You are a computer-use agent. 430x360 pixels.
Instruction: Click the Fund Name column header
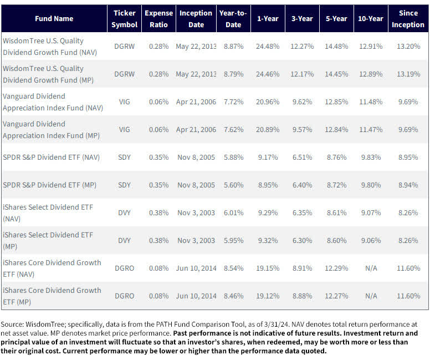click(53, 18)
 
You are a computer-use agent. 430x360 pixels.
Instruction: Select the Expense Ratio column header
click(158, 18)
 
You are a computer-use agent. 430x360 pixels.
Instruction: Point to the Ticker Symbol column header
click(125, 18)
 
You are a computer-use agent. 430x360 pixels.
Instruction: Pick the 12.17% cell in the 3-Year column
click(302, 74)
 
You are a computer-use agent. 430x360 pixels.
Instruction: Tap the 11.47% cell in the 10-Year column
click(371, 129)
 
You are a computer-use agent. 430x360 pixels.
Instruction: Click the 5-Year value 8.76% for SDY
click(336, 157)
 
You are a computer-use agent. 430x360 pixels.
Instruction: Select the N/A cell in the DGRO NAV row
click(371, 268)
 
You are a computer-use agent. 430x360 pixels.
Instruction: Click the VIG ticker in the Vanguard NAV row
click(125, 102)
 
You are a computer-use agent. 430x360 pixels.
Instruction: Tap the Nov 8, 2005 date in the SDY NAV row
click(196, 157)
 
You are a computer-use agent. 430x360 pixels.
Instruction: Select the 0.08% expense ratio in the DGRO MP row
click(158, 296)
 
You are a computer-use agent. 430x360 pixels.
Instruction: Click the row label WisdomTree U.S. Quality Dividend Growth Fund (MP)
click(43, 74)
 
